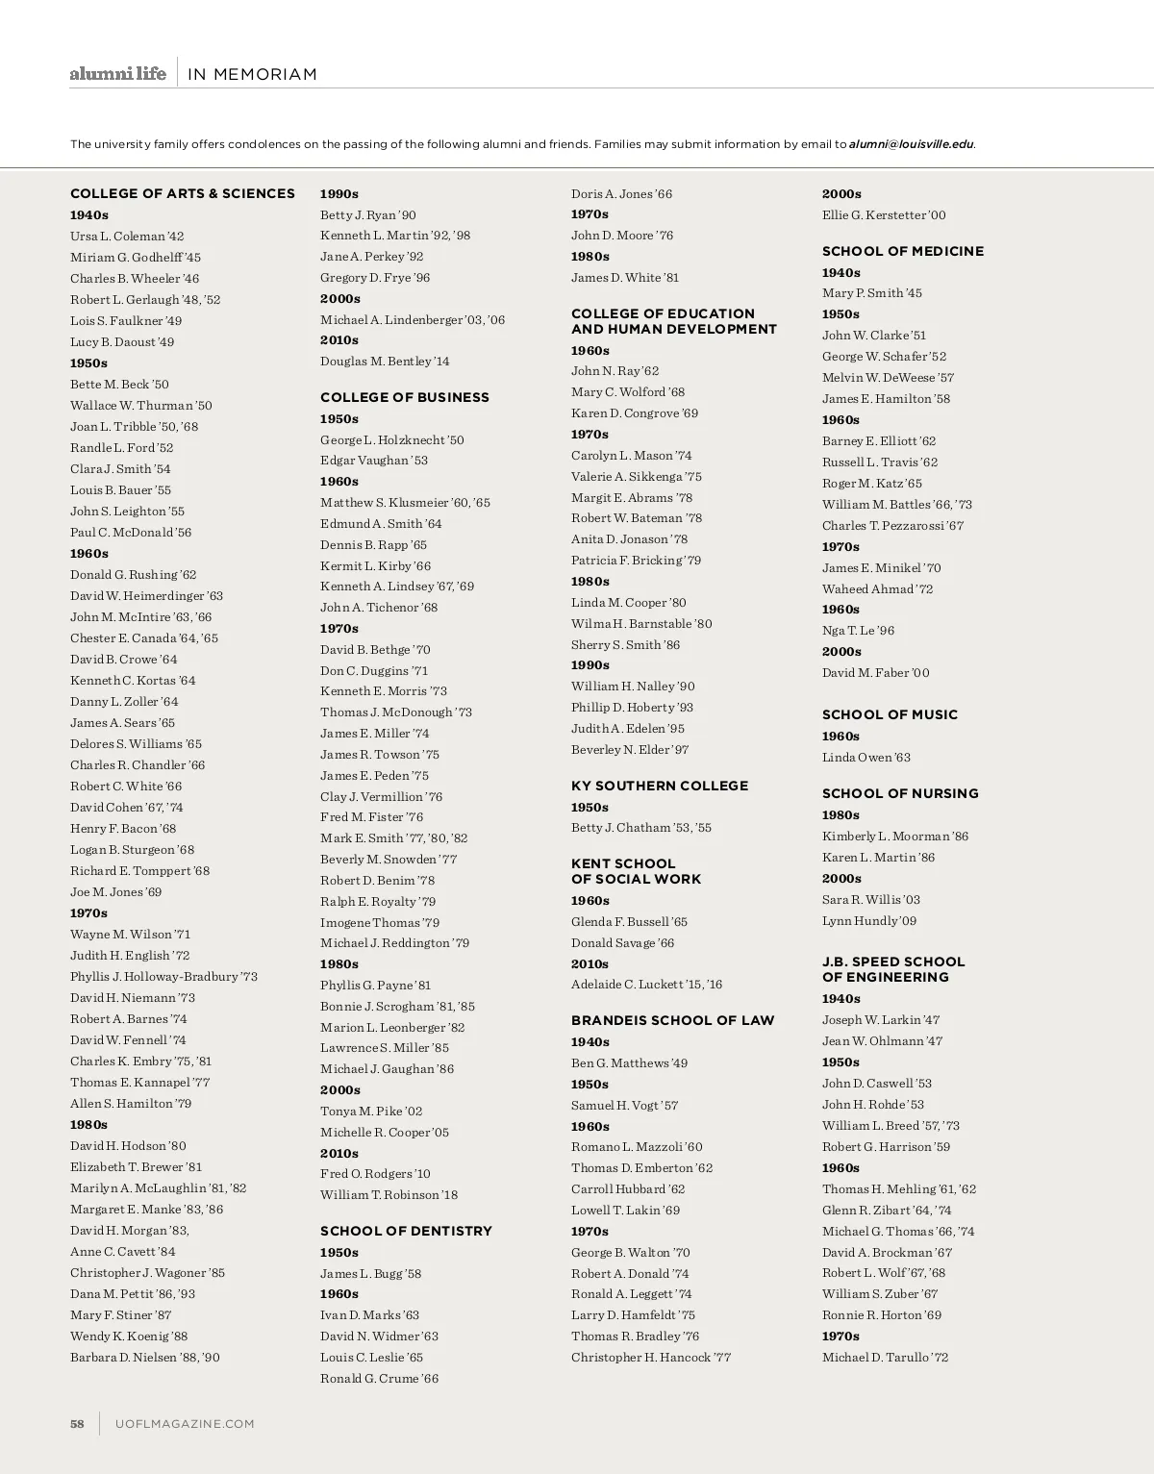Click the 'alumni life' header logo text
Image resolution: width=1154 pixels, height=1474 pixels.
point(117,74)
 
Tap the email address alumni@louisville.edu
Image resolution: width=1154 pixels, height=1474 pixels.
point(912,144)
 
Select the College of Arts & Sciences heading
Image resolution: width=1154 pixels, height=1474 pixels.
point(183,193)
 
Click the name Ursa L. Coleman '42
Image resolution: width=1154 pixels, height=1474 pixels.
point(127,236)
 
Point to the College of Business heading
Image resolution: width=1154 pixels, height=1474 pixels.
point(405,397)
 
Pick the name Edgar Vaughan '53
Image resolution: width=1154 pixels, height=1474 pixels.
point(374,461)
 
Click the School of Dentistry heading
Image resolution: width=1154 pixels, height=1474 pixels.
point(406,1231)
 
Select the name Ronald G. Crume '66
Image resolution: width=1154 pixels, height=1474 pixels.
point(379,1379)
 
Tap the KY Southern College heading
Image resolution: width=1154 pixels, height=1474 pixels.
point(660,786)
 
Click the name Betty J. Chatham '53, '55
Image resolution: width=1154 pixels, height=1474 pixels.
point(641,828)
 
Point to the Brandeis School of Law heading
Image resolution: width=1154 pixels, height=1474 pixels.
point(672,1020)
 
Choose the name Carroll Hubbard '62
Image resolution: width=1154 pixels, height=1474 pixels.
point(628,1189)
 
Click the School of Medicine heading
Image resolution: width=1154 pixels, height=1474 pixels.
point(903,251)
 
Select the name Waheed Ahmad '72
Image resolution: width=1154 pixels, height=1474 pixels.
point(877,589)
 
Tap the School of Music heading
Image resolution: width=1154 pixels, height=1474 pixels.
point(890,714)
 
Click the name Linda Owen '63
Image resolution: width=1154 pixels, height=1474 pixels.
point(866,758)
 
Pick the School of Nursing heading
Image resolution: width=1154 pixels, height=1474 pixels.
point(900,793)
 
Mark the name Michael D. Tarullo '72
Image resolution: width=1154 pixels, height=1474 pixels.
point(885,1358)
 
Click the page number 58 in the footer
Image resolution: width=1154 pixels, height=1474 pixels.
point(78,1424)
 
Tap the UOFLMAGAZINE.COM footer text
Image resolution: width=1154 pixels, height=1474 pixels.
point(185,1424)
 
